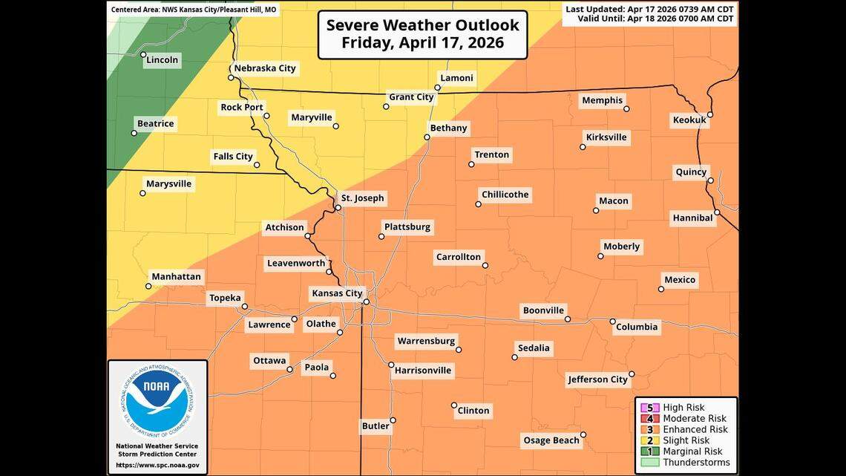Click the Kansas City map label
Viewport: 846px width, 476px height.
tap(336, 293)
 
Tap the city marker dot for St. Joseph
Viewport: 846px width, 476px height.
tap(338, 208)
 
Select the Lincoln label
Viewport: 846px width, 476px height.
tap(162, 60)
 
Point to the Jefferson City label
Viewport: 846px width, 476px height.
tap(597, 379)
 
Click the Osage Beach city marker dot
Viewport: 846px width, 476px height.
tap(583, 435)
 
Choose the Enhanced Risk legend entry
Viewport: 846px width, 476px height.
tap(695, 429)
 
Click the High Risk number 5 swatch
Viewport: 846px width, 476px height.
tap(650, 408)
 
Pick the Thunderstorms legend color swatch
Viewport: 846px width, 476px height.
tap(650, 462)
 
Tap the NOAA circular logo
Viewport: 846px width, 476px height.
tap(156, 402)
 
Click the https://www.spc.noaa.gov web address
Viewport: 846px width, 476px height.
tap(157, 465)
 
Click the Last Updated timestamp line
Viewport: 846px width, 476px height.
tap(650, 9)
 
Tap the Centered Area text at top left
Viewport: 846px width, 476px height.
tap(194, 10)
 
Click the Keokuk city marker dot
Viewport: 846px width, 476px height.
tap(710, 114)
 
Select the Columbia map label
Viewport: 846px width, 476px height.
tap(637, 327)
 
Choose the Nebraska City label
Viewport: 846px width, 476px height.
tap(265, 68)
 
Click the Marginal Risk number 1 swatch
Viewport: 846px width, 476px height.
tap(650, 451)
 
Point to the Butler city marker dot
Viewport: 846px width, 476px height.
tap(393, 420)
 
